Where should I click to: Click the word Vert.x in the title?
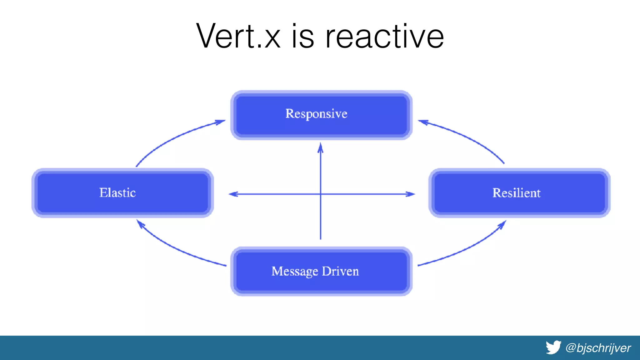[238, 36]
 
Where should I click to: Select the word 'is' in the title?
[302, 37]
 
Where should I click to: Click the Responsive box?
[321, 115]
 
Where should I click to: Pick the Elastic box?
[122, 193]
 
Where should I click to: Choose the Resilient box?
[519, 193]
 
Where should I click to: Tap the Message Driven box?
[321, 271]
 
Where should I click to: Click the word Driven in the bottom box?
[340, 271]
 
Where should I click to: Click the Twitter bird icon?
[553, 347]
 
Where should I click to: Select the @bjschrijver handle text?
[598, 348]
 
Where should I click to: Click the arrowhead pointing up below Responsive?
[320, 148]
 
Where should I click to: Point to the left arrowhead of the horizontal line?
[233, 194]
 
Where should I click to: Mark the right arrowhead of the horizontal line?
[411, 194]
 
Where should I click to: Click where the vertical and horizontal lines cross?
[321, 194]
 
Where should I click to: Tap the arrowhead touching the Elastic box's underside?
[141, 224]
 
